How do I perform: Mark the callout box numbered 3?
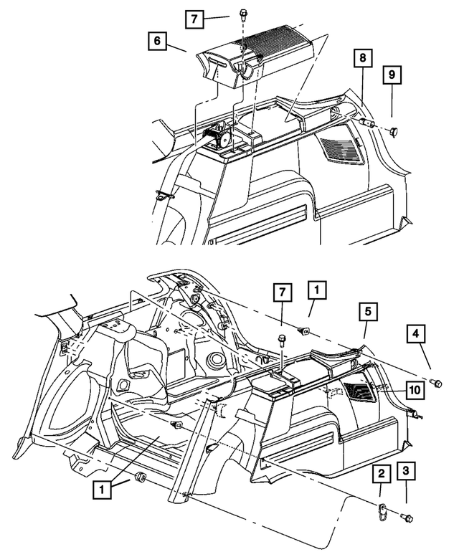pyautogui.click(x=407, y=471)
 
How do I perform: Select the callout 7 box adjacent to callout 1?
pyautogui.click(x=282, y=292)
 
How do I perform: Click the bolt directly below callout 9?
pyautogui.click(x=393, y=130)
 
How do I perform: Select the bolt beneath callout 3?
pyautogui.click(x=407, y=518)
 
